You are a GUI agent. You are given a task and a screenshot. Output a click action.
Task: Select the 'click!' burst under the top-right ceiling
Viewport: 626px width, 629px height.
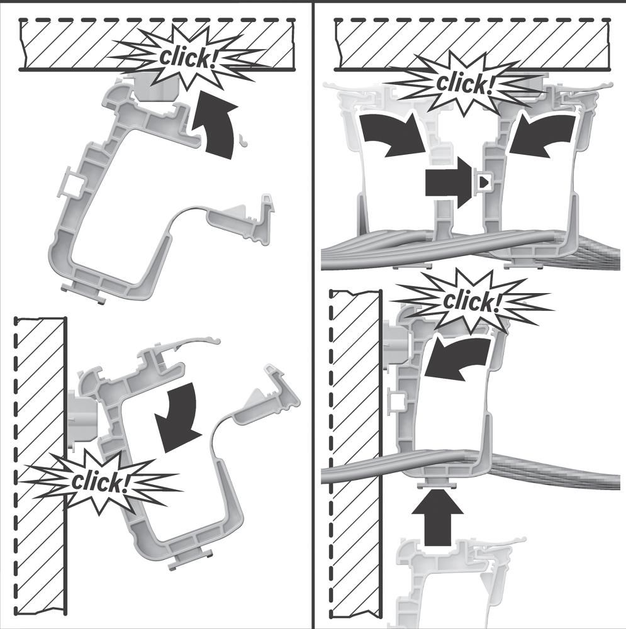[x=465, y=84]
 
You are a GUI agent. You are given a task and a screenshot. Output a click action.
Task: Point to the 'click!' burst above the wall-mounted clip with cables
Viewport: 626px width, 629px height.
[x=472, y=302]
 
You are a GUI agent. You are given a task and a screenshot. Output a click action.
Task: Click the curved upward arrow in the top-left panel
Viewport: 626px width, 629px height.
[x=216, y=125]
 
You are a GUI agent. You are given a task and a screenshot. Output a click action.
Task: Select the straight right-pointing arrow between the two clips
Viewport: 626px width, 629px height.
[x=449, y=182]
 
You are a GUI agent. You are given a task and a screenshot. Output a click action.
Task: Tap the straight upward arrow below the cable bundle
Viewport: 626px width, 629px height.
[x=437, y=518]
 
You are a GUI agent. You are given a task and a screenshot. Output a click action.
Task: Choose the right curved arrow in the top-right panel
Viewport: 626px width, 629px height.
[x=542, y=135]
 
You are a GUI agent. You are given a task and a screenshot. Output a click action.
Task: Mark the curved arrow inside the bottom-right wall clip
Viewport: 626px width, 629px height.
[x=457, y=357]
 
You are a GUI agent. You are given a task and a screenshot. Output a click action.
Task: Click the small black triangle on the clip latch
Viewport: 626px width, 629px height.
[x=484, y=182]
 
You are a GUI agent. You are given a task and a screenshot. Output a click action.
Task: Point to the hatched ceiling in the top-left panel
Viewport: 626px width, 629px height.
[x=157, y=45]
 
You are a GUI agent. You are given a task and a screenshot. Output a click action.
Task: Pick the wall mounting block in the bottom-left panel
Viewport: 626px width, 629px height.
[x=83, y=418]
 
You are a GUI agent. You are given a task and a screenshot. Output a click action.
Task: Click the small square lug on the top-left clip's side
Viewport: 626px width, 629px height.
[x=72, y=182]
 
